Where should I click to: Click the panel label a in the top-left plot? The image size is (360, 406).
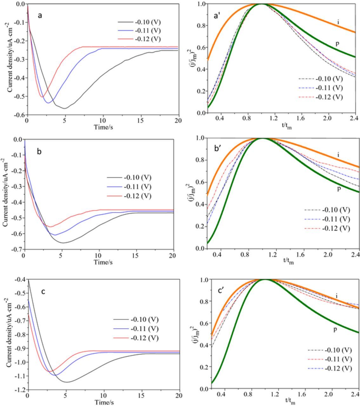[40, 15]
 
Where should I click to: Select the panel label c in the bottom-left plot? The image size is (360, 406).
[43, 291]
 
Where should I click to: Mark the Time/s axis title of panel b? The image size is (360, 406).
[103, 262]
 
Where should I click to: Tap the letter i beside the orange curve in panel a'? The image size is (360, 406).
[338, 22]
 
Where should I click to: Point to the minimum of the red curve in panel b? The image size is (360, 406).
[50, 226]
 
